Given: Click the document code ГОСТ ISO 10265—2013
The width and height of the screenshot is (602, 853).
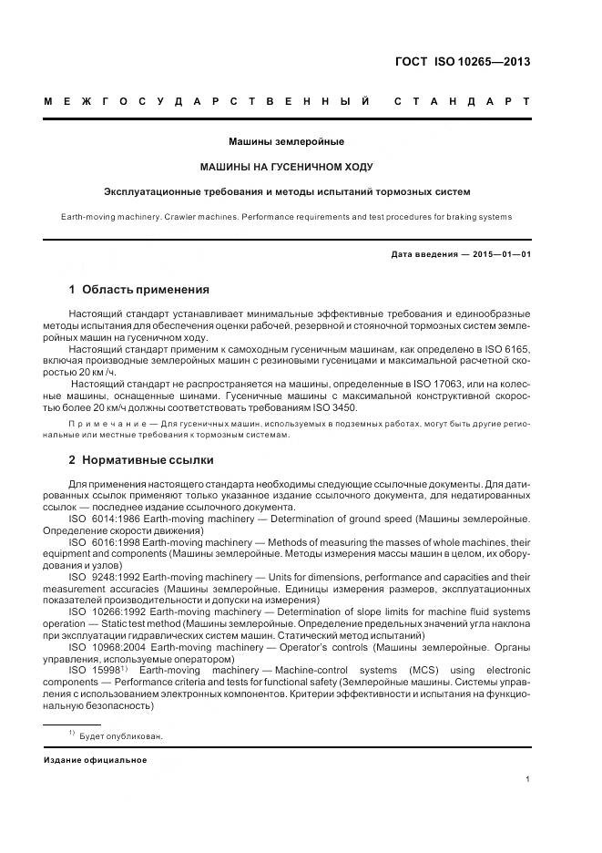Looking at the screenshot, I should tap(462, 63).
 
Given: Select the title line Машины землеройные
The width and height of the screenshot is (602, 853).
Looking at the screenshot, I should tap(286, 142).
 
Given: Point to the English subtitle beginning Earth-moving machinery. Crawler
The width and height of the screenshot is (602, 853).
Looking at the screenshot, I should tap(286, 217).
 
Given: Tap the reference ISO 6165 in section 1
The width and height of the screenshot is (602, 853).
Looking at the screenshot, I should tap(508, 349).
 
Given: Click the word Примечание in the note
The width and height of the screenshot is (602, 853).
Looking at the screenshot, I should tap(107, 425).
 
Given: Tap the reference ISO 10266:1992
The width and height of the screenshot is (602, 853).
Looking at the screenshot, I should tap(106, 611).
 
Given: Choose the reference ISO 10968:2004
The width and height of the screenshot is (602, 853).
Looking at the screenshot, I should tap(106, 646).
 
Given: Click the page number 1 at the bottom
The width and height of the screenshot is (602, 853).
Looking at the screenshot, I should tap(527, 779).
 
